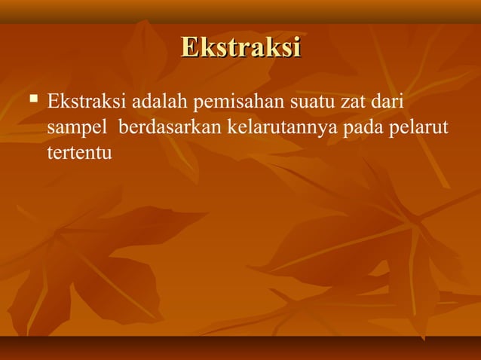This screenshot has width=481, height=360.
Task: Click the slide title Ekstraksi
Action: tap(240, 47)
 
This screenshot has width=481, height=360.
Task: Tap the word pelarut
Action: tap(419, 128)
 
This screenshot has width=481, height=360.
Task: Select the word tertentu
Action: tap(79, 154)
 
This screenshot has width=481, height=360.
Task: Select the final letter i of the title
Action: tap(297, 47)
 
